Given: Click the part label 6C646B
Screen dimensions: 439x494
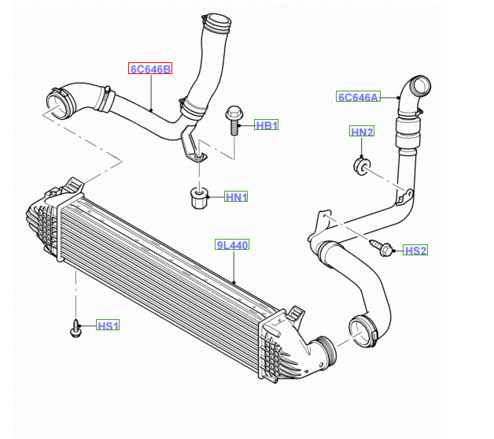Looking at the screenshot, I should click(149, 69).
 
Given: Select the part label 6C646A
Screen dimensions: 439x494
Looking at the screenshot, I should click(358, 97).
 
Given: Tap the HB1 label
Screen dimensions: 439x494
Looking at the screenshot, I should click(267, 125).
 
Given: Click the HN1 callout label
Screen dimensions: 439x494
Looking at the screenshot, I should click(236, 197).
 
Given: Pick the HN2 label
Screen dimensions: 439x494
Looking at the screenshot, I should click(361, 132).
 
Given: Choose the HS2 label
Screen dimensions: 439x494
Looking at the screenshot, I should click(415, 251).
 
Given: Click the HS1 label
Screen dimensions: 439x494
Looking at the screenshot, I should click(108, 326).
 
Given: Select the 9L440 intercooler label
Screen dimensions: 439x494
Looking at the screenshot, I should click(232, 245).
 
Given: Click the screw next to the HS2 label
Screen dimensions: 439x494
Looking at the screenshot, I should click(385, 249).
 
